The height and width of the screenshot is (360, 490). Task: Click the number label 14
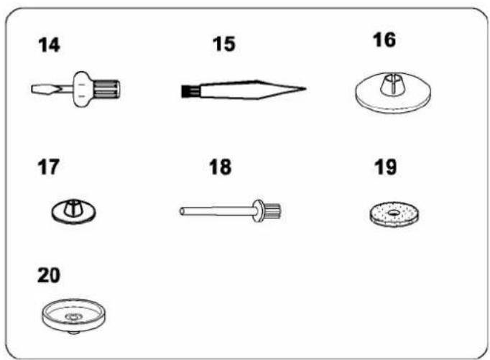(x=49, y=45)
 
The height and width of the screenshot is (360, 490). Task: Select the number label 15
(x=223, y=44)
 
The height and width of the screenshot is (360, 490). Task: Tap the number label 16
(x=384, y=40)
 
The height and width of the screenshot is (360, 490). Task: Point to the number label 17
(x=48, y=167)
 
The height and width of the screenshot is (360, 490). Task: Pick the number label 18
(x=221, y=167)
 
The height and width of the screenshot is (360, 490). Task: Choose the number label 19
(x=385, y=167)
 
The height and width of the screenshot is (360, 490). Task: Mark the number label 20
(x=48, y=275)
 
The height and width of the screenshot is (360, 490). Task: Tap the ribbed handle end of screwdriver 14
(x=106, y=89)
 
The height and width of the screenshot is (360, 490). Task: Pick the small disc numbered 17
(x=74, y=211)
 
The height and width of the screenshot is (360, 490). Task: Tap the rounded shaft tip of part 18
(x=182, y=211)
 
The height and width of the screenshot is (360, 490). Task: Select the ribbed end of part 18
(x=272, y=211)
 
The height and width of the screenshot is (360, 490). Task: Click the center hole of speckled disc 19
(x=394, y=213)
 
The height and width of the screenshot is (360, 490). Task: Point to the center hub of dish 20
(x=74, y=317)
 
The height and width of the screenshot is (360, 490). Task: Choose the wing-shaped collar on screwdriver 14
(x=82, y=89)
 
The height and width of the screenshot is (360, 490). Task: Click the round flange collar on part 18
(x=259, y=211)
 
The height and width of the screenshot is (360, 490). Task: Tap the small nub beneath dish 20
(x=74, y=333)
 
